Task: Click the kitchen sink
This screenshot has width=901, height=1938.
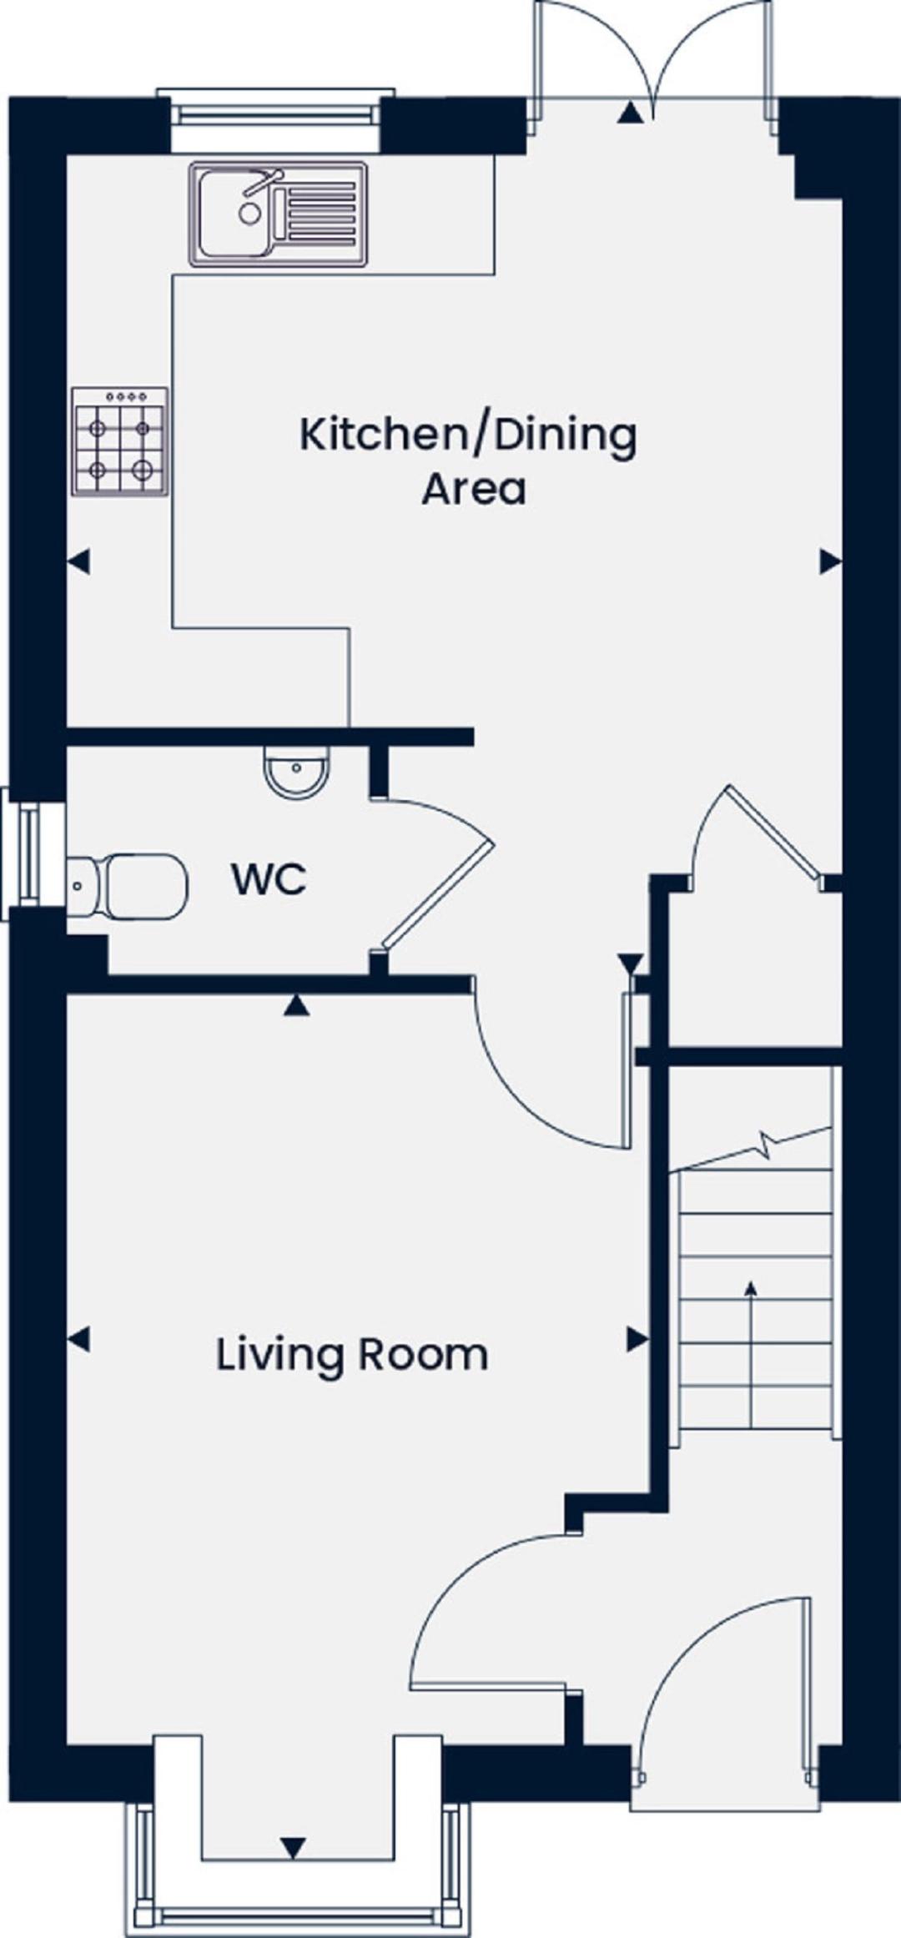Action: point(279,214)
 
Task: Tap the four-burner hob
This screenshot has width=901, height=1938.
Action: point(119,441)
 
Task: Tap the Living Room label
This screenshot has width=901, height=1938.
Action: point(352,1354)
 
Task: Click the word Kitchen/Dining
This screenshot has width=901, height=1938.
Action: point(468,435)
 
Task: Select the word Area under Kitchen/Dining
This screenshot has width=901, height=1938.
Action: point(473,489)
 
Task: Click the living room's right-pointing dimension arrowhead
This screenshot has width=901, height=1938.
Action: point(638,1340)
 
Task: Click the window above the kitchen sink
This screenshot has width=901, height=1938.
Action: point(275,108)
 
